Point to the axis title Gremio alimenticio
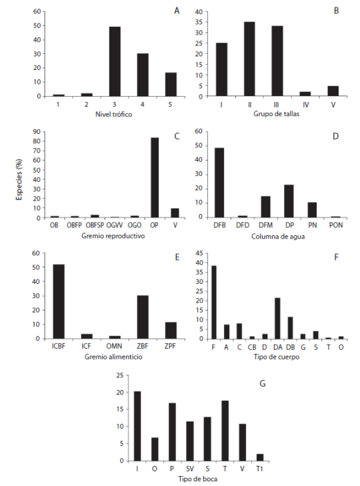(110, 357)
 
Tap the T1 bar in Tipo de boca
(260, 457)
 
